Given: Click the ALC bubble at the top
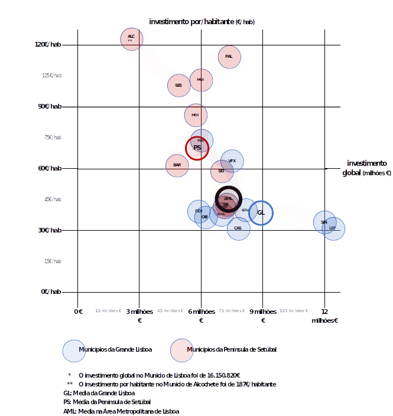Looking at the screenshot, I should click(131, 39).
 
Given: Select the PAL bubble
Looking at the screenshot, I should click(229, 57).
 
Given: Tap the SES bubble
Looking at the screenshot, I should click(178, 86).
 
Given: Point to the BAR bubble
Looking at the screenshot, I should click(177, 165).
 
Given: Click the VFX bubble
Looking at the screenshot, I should click(232, 160).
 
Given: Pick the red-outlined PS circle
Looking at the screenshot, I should click(197, 148).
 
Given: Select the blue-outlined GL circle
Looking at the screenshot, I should click(261, 212).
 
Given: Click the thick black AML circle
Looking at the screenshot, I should click(228, 198).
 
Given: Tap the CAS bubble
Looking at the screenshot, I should click(238, 228).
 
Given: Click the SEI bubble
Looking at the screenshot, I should click(222, 171).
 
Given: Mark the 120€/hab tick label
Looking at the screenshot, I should click(48, 45).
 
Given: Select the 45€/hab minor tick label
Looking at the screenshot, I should click(51, 199).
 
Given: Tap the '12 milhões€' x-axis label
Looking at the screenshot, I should click(324, 316).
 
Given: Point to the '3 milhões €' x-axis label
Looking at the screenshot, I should click(140, 316).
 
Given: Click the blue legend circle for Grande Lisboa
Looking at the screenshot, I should click(74, 350).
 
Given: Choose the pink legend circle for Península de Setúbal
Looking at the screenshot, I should click(181, 350).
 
